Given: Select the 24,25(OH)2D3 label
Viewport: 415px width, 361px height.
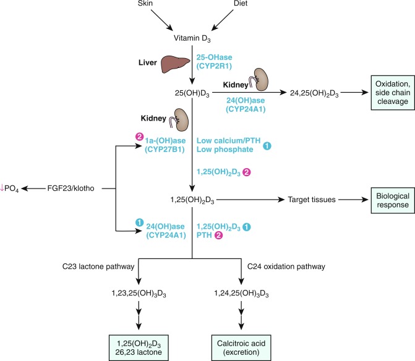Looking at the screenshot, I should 310,93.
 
